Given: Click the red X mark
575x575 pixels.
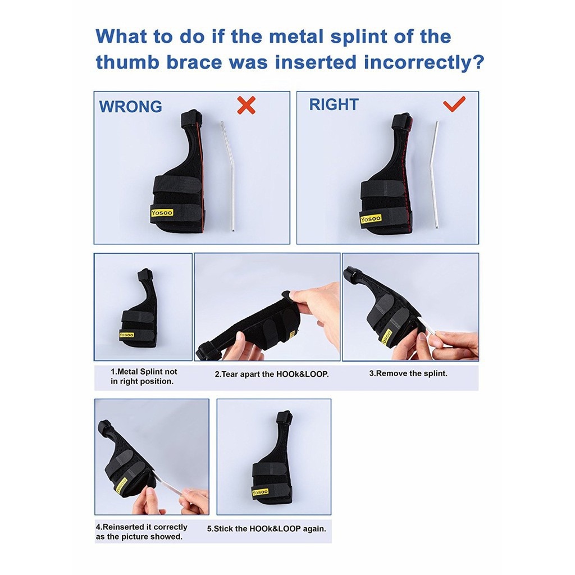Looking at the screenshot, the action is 246,105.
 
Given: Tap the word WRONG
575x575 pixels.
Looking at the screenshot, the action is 130,106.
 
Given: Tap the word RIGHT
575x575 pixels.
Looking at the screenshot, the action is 334,104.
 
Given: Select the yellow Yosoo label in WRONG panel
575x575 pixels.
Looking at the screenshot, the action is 162,212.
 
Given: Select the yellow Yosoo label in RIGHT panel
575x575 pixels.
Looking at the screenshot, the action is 371,219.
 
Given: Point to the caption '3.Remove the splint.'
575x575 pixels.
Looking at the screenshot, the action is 408,373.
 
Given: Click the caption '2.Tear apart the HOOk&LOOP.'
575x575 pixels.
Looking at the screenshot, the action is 272,375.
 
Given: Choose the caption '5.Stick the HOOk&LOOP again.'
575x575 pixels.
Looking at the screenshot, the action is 267,529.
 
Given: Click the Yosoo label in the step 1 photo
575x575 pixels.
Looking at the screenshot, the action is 126,335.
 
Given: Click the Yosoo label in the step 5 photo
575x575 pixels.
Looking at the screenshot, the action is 260,491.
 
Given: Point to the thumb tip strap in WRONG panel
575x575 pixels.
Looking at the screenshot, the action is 191,117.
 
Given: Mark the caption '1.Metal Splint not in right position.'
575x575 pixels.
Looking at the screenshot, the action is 144,377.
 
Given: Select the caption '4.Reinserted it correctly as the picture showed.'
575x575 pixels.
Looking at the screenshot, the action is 142,532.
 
